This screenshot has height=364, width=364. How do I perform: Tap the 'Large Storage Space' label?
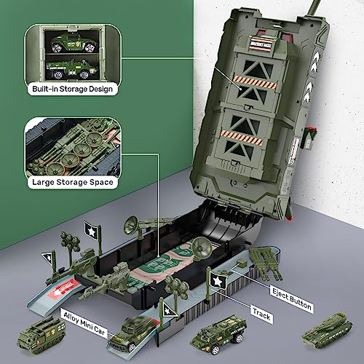(71, 182)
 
